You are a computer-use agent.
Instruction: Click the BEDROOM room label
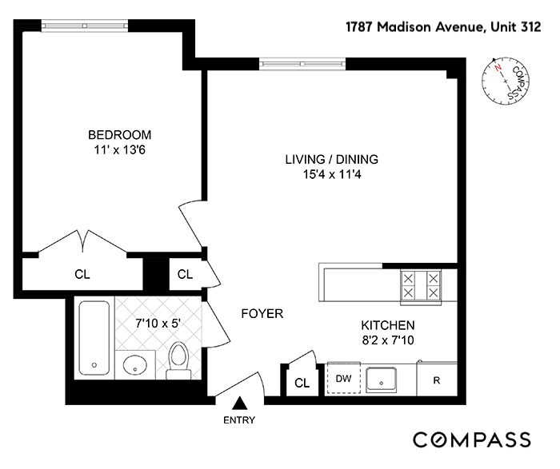pyautogui.click(x=119, y=134)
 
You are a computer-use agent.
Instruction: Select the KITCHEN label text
pyautogui.click(x=387, y=325)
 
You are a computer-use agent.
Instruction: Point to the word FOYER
pyautogui.click(x=262, y=314)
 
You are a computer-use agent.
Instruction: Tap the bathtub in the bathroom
pyautogui.click(x=95, y=339)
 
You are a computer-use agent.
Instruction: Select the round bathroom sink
pyautogui.click(x=136, y=365)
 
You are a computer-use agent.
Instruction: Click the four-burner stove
pyautogui.click(x=421, y=285)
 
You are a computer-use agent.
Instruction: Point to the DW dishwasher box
pyautogui.click(x=344, y=379)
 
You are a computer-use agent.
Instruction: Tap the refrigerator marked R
pyautogui.click(x=437, y=380)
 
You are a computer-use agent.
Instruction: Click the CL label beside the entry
pyautogui.click(x=302, y=383)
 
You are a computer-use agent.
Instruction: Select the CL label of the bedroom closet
pyautogui.click(x=82, y=274)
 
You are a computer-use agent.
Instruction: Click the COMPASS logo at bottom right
pyautogui.click(x=472, y=439)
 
